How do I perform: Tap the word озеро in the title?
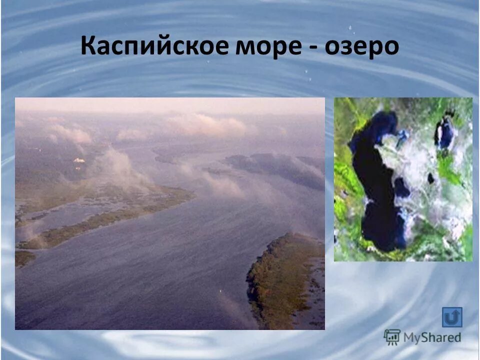(x=362, y=47)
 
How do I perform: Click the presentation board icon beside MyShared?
(x=392, y=336)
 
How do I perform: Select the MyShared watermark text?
(x=432, y=337)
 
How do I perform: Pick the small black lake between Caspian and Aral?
(x=430, y=178)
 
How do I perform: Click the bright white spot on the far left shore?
(x=78, y=160)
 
